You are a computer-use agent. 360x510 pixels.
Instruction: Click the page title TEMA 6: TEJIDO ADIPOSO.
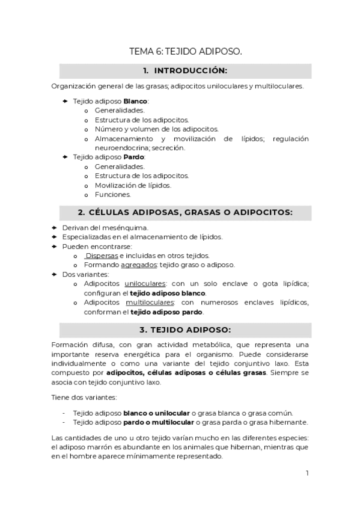click(x=186, y=52)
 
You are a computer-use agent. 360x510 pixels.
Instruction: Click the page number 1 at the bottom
click(x=307, y=473)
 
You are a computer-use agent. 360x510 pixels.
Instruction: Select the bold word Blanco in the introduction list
click(x=135, y=101)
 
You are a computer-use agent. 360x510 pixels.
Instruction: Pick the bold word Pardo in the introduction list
click(x=134, y=156)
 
